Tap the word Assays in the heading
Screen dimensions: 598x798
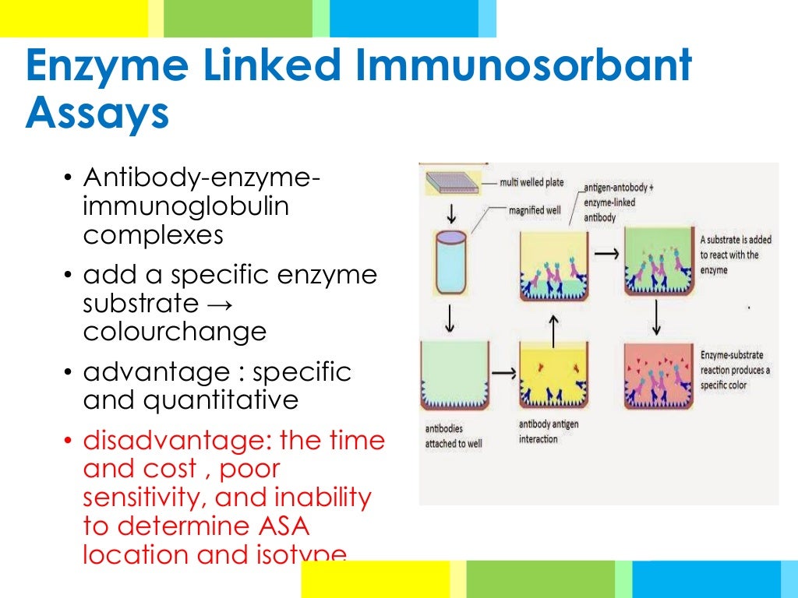tap(97, 114)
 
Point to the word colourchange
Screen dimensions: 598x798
tap(175, 332)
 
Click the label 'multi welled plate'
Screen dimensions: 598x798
tap(538, 184)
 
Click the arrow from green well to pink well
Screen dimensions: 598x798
tap(657, 316)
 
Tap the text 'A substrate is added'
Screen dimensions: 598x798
tap(735, 240)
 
